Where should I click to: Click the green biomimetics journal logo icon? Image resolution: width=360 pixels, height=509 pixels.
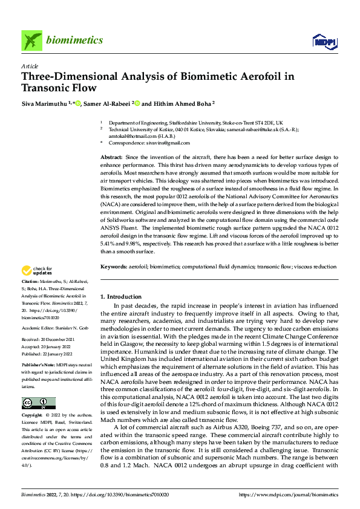click(31, 41)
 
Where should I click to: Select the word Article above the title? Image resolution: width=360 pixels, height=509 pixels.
click(30, 67)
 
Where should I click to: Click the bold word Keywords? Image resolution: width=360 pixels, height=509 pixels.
click(114, 267)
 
